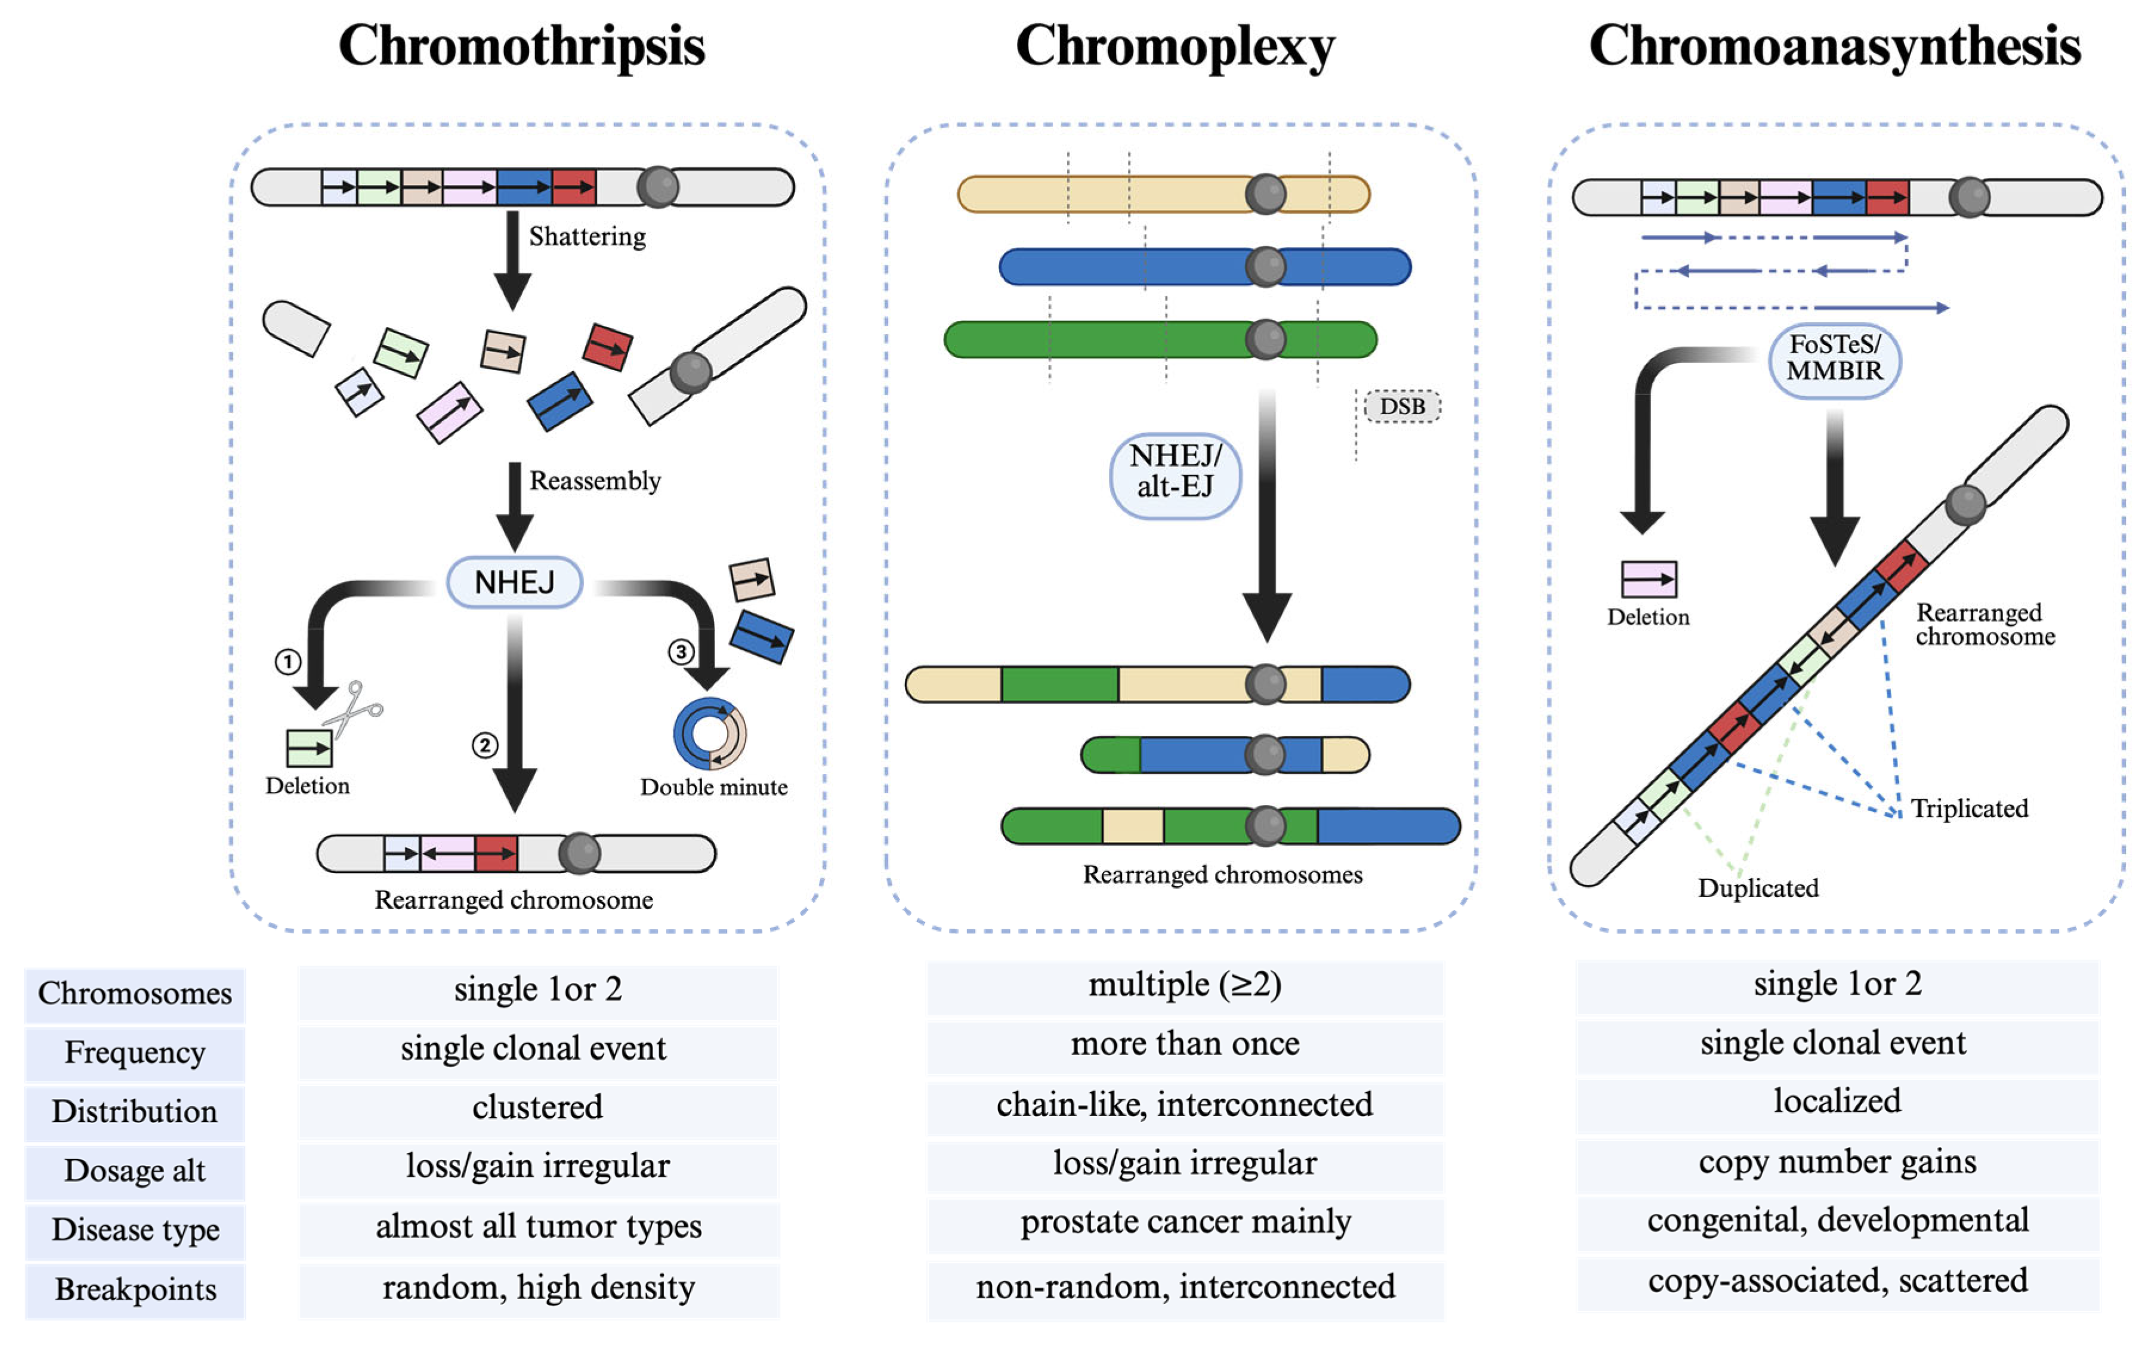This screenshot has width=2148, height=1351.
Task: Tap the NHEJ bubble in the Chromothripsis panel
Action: click(x=515, y=582)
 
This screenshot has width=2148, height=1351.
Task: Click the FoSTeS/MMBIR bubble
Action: click(x=1834, y=359)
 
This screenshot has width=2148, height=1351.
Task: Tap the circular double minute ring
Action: click(x=710, y=733)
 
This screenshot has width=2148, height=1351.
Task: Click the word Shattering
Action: click(x=587, y=236)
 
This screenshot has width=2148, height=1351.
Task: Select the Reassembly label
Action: click(x=595, y=481)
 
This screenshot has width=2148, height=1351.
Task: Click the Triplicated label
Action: click(x=1968, y=809)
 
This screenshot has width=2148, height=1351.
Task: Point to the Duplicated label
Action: click(x=1757, y=888)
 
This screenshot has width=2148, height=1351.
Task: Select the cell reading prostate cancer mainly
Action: click(x=1185, y=1222)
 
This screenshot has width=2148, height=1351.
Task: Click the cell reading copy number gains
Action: click(x=1837, y=1162)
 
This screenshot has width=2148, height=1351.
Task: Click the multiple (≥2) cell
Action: click(x=1185, y=985)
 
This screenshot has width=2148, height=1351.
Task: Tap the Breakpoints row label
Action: click(x=135, y=1290)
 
